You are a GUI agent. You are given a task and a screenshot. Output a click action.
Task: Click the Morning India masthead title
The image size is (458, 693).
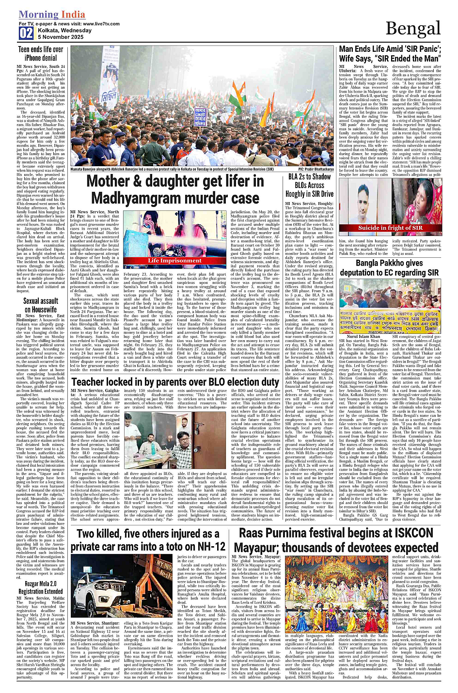(x=51, y=15)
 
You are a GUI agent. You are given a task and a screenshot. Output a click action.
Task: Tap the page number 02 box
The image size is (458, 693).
(x=26, y=33)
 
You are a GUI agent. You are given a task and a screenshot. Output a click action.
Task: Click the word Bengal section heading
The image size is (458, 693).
(x=413, y=29)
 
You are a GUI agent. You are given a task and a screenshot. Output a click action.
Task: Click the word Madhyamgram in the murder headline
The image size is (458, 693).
(x=141, y=198)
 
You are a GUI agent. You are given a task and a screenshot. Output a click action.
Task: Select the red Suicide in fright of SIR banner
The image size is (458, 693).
(x=390, y=228)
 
